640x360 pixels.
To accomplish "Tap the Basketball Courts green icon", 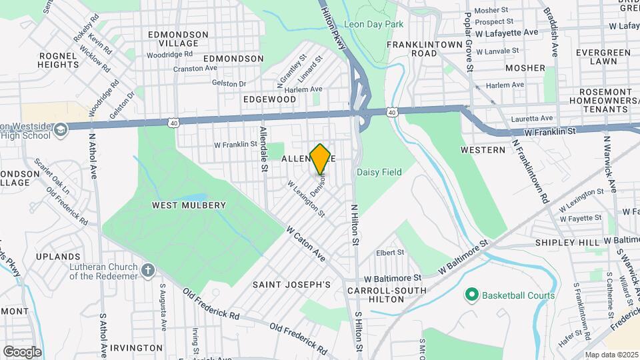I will point(472,294).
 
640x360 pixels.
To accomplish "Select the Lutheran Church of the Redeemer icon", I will point(148,271).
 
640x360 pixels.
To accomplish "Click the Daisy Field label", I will point(379,172).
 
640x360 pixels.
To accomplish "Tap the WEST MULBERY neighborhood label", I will point(189,205).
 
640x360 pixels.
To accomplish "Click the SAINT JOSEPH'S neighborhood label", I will point(291,285).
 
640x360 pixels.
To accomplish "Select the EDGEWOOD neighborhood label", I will point(269,99).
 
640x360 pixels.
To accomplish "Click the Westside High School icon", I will point(61,129).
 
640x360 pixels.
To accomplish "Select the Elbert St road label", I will point(390,253).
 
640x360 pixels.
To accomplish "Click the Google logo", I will point(22,351).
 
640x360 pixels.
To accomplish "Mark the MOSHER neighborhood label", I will point(525,68).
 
